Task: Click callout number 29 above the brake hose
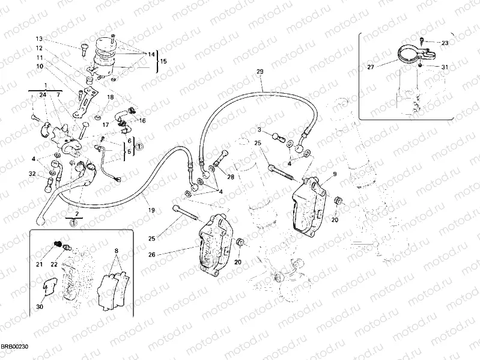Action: [260, 72]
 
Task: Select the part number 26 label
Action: [151, 254]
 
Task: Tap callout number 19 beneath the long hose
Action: [151, 210]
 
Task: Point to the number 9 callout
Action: [335, 174]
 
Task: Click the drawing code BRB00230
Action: [14, 347]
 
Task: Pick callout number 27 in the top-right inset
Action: [370, 67]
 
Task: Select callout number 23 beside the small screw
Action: [445, 43]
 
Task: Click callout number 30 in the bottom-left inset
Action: [40, 307]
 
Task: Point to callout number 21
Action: [40, 264]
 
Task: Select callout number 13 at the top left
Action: [38, 38]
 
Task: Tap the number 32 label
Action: [32, 174]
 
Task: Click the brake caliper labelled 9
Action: [309, 201]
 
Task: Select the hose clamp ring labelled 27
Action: [410, 54]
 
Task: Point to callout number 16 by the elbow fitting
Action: [142, 120]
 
